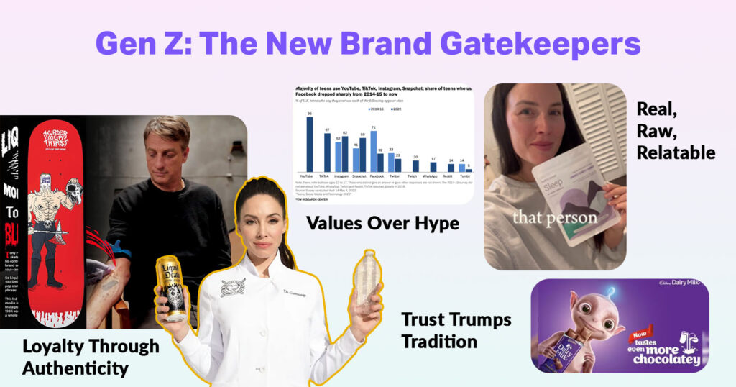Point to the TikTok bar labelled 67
328,152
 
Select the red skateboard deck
55,216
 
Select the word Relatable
676,152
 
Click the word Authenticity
75,368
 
